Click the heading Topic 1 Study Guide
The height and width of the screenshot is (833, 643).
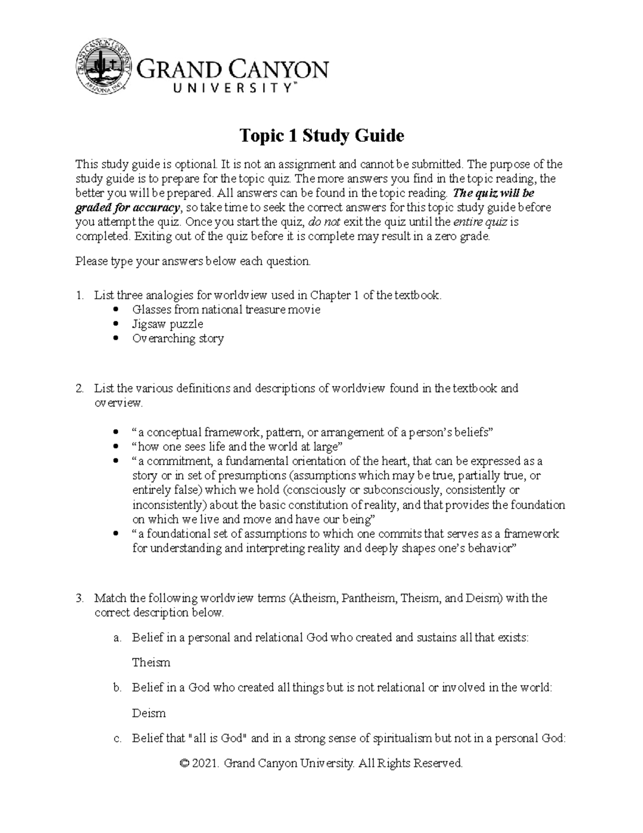321,136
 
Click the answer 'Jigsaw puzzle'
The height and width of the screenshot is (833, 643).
167,324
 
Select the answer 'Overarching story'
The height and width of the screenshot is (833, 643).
178,338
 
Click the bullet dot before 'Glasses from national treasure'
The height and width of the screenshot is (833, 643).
117,310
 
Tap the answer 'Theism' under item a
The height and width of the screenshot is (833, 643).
151,662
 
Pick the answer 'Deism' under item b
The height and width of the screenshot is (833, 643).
149,713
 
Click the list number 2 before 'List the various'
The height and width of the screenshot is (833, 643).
79,388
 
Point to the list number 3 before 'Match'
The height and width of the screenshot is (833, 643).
79,598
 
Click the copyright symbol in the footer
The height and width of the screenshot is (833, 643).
185,763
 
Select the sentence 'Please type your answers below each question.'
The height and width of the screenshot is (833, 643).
193,262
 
